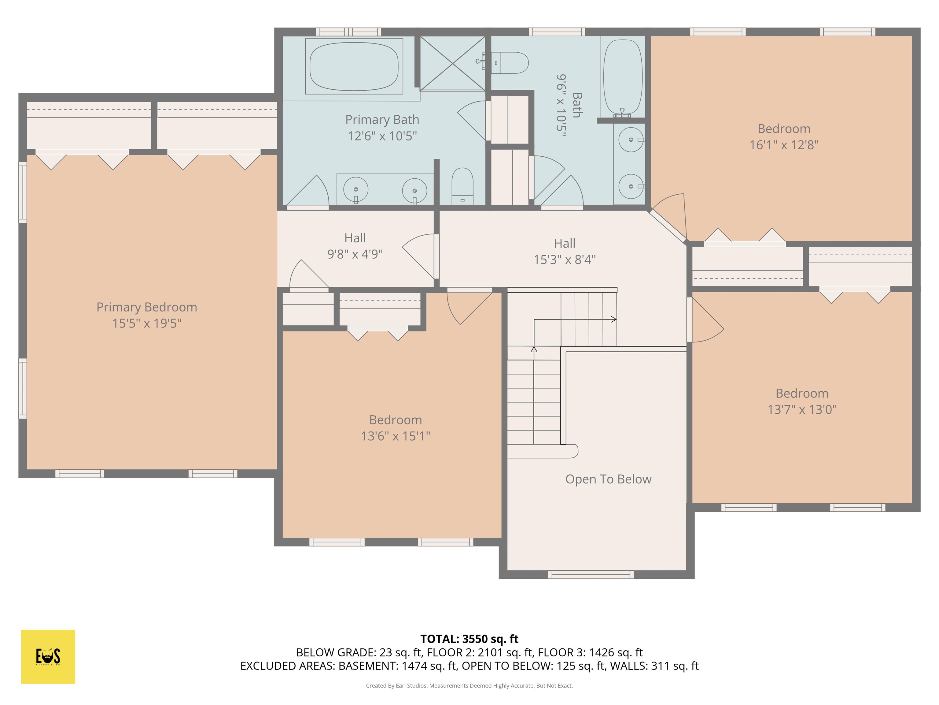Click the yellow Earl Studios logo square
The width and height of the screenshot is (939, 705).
coord(48,657)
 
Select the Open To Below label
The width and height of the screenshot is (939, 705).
coord(608,479)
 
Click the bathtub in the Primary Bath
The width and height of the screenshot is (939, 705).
coord(354,66)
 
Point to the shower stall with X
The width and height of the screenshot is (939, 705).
coord(452,63)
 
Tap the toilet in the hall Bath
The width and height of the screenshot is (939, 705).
coord(511,63)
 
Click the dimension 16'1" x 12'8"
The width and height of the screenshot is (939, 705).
coord(784,145)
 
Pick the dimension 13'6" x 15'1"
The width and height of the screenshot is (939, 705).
coord(395,436)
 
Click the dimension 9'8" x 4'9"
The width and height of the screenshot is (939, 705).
coord(355,254)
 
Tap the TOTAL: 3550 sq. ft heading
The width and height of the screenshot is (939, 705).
coord(469,639)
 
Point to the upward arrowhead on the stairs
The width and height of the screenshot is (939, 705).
coord(534,349)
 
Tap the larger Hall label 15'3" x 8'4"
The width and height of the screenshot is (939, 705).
coord(564,251)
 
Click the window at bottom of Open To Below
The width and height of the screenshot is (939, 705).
coord(591,575)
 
